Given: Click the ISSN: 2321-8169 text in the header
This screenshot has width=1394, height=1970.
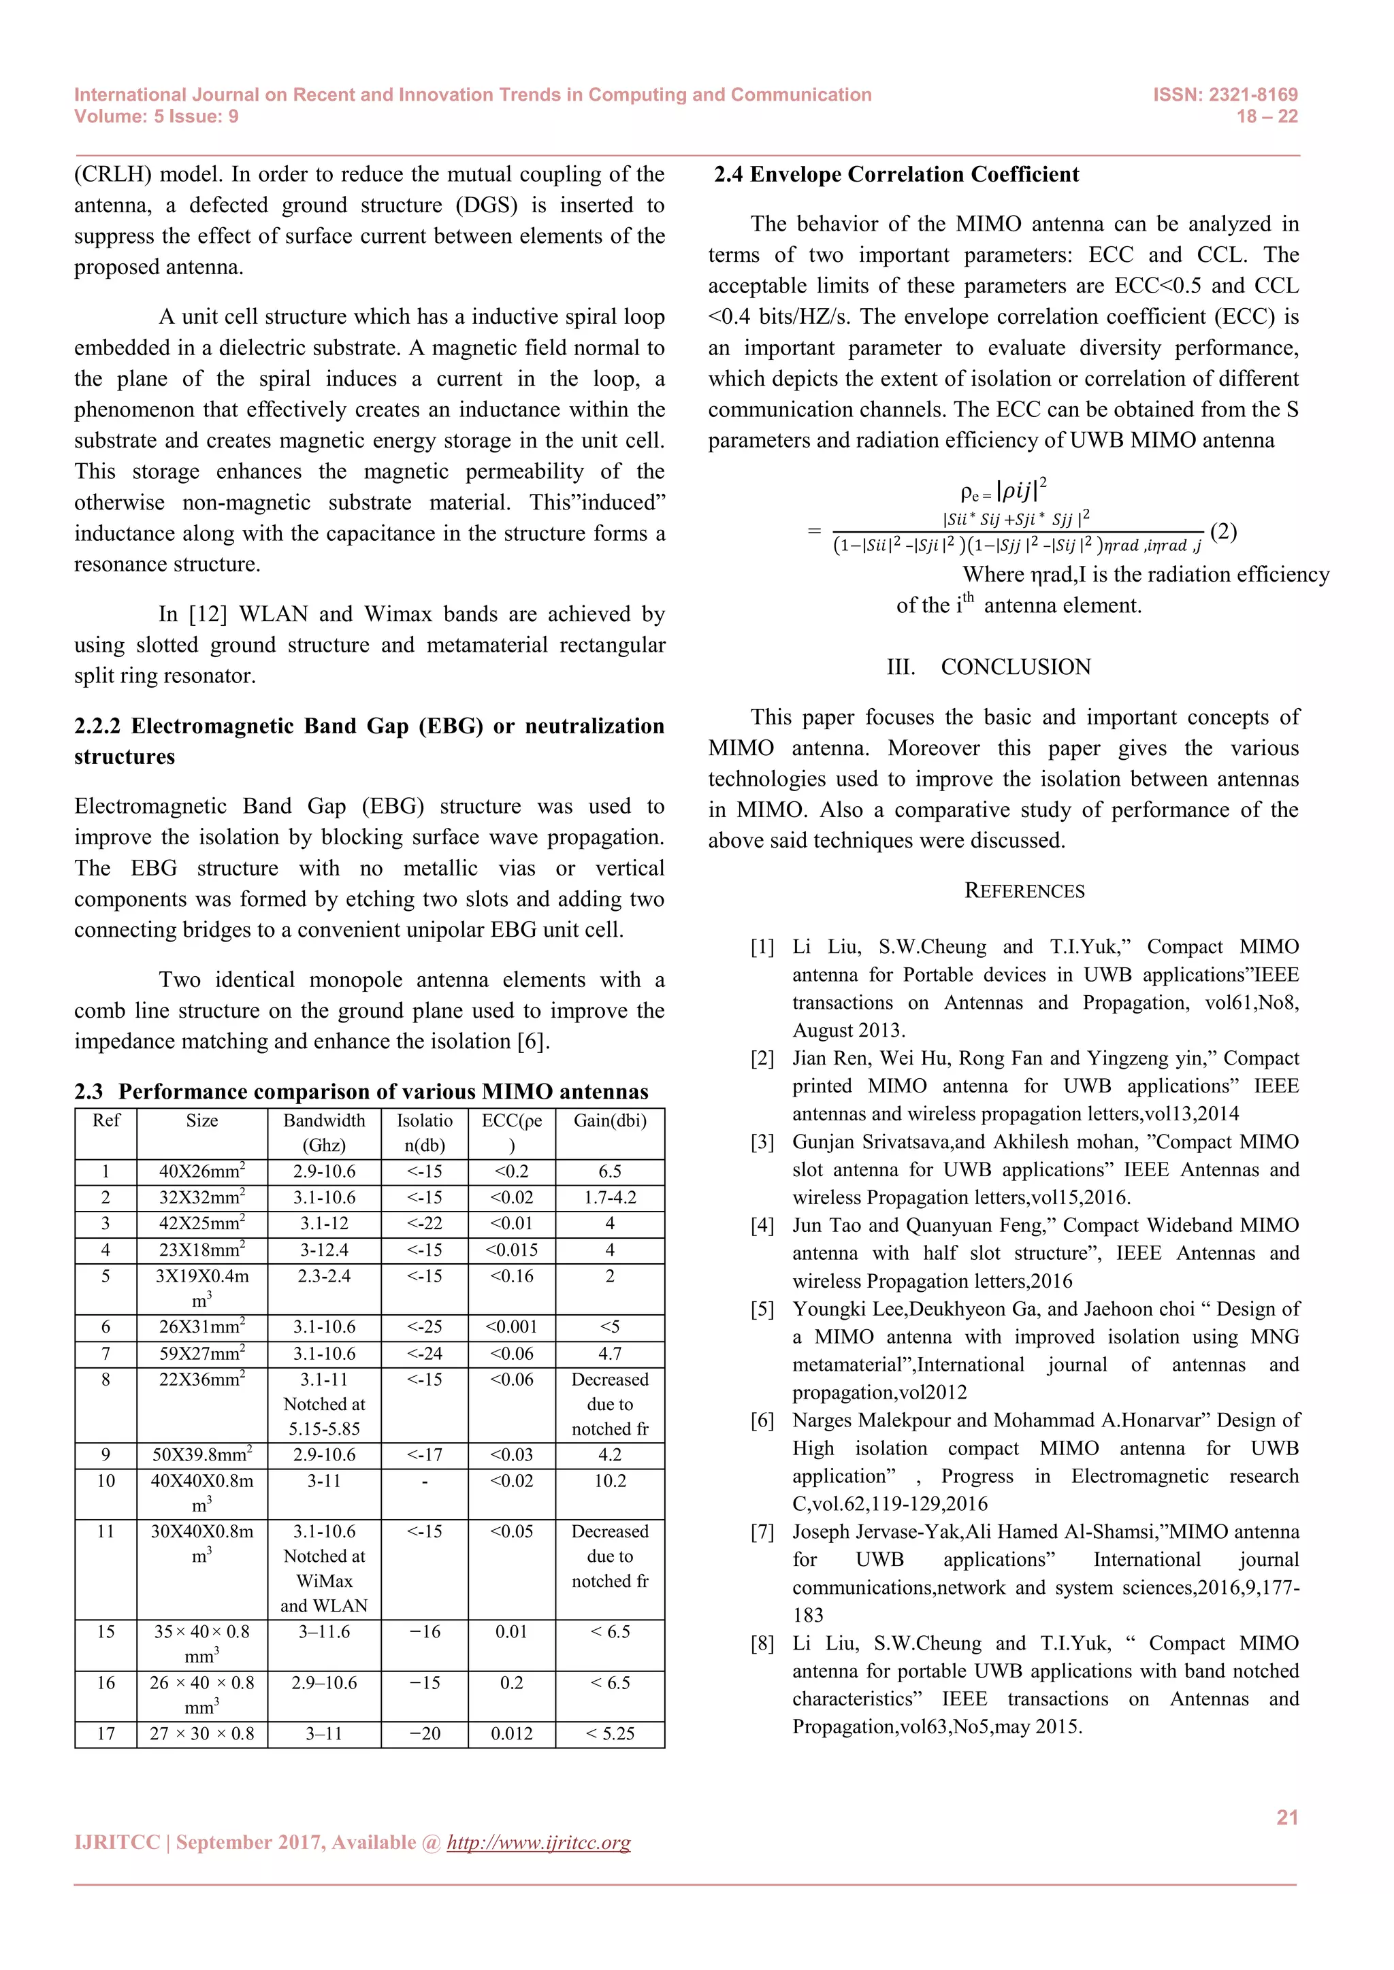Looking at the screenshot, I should [x=1225, y=95].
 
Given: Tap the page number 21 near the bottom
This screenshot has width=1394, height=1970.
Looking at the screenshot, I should [x=1286, y=1817].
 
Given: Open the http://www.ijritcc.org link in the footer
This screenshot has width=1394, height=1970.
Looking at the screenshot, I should [x=538, y=1842].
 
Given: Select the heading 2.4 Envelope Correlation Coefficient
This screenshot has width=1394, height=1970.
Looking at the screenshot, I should [x=896, y=174].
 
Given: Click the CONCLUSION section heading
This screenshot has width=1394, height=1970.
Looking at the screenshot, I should [x=1015, y=667].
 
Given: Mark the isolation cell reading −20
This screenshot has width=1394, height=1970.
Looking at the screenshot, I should [x=424, y=1733].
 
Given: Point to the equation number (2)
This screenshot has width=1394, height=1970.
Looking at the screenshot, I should [x=1222, y=531].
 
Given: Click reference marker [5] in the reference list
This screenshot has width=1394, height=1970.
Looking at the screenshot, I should [x=762, y=1309].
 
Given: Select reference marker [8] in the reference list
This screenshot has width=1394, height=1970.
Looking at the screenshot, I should [x=762, y=1644].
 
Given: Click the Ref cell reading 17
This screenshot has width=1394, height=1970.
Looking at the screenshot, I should [x=106, y=1733].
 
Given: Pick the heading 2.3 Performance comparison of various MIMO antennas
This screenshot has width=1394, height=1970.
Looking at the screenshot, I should [x=361, y=1091].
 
